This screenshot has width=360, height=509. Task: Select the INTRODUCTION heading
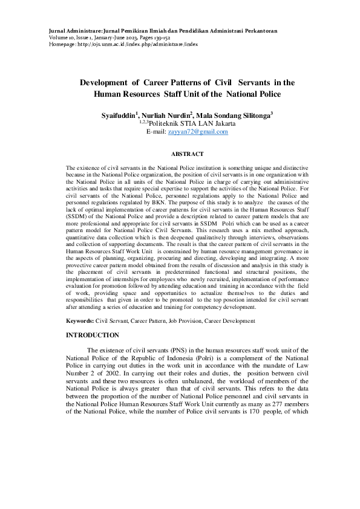(x=93, y=334)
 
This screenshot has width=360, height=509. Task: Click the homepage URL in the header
(x=123, y=44)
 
